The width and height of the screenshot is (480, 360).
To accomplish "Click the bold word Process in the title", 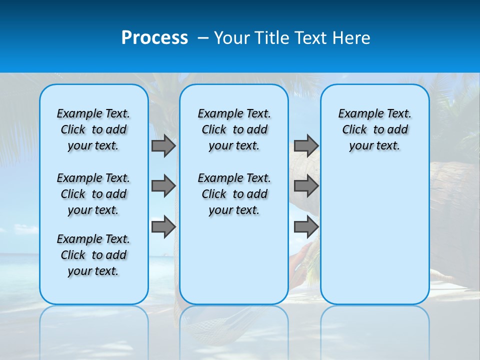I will coord(154,37).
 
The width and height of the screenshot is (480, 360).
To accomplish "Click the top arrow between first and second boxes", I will coord(163,145).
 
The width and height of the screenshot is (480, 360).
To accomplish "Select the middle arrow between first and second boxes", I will coord(163,186).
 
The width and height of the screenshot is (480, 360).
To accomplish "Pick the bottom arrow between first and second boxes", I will coord(163,227).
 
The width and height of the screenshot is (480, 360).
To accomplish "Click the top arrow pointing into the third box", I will coord(306,145).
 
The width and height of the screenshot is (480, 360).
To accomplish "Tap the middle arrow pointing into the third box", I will coord(306,186).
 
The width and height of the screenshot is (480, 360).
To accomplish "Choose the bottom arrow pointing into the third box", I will coord(306,227).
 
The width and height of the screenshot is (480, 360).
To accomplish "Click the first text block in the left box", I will coord(93,129).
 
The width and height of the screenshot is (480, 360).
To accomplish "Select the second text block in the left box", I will coord(93,194).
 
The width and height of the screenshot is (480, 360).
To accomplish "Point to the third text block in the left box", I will coord(93,255).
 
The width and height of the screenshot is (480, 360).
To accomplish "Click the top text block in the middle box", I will coord(234,129).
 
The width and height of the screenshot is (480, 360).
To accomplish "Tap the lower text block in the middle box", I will coord(234,194).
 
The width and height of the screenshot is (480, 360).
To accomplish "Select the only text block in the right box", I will coord(374,129).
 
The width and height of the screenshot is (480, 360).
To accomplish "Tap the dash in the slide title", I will coord(203,38).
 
